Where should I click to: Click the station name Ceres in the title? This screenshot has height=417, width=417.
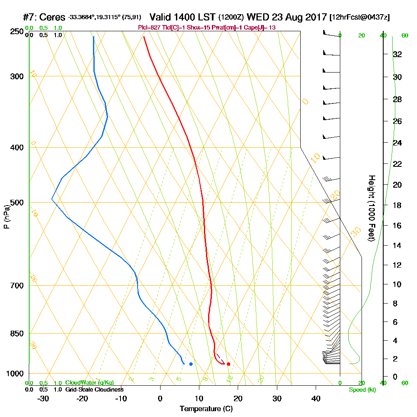point(54,18)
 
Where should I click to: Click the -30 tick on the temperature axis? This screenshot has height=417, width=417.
point(43,399)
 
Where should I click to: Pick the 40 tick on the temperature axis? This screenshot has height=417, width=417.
point(316,399)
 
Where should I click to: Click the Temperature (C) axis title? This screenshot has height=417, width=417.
point(206,409)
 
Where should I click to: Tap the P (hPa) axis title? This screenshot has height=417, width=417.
point(6,216)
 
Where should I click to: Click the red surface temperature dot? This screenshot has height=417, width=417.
point(229,364)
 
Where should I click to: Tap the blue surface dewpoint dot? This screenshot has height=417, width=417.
point(191,364)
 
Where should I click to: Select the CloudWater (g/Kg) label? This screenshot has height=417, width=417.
point(89,383)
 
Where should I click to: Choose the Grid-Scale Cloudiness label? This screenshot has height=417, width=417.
point(94,389)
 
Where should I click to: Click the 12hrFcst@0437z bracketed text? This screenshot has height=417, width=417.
point(359,18)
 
